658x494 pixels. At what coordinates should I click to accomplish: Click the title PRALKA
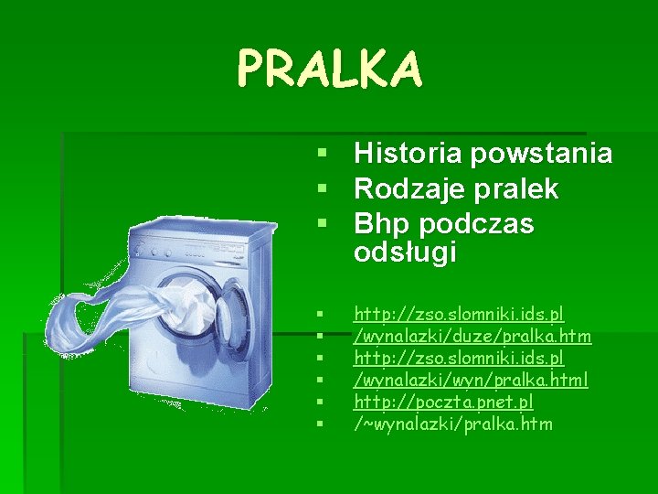tap(330, 69)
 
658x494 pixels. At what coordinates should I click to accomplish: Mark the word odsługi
tap(404, 253)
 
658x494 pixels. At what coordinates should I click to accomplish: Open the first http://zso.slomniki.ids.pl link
tap(459, 314)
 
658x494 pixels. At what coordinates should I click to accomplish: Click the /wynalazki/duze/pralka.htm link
tap(472, 336)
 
